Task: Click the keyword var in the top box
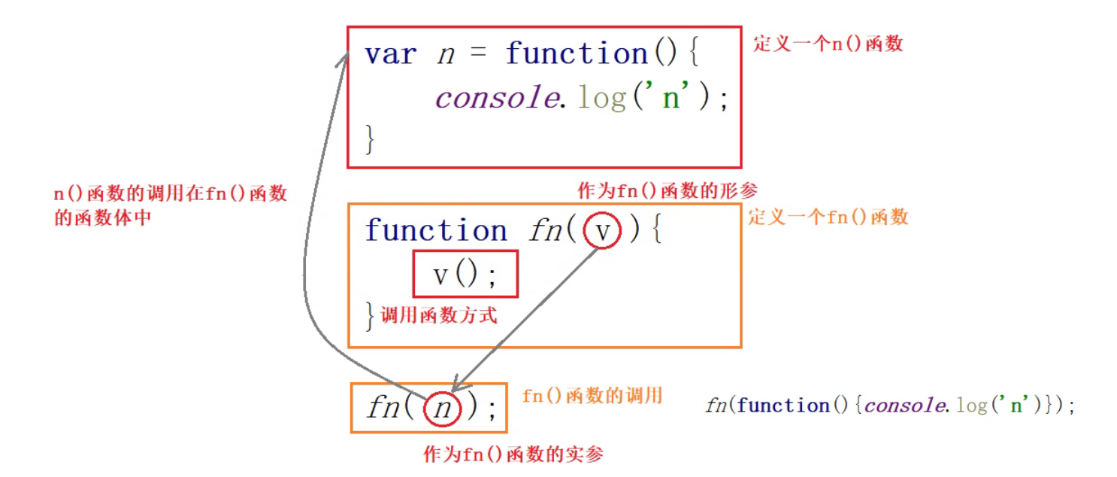pyautogui.click(x=390, y=54)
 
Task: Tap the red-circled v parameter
pyautogui.click(x=602, y=232)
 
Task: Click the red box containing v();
pyautogui.click(x=465, y=274)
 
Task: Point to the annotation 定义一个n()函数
pyautogui.click(x=828, y=44)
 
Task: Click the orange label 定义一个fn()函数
pyautogui.click(x=828, y=217)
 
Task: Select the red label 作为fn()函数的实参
pyautogui.click(x=513, y=454)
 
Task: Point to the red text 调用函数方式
pyautogui.click(x=439, y=314)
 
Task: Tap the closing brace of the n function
pyautogui.click(x=369, y=140)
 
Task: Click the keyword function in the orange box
pyautogui.click(x=436, y=230)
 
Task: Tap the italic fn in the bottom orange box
pyautogui.click(x=384, y=409)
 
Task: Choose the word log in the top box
pyautogui.click(x=601, y=99)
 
